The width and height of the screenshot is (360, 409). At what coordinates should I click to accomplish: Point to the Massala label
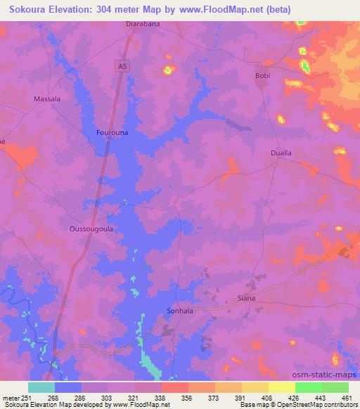[x=47, y=99]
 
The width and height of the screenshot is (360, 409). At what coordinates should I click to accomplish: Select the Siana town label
[x=246, y=298]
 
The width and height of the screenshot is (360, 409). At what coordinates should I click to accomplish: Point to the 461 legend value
[x=347, y=397]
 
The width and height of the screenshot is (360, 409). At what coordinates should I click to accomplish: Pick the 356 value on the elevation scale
[x=187, y=397]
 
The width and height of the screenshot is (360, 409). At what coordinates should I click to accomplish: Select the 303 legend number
[x=108, y=397]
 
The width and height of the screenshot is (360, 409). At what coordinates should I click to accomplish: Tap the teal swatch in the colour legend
[x=41, y=387]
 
